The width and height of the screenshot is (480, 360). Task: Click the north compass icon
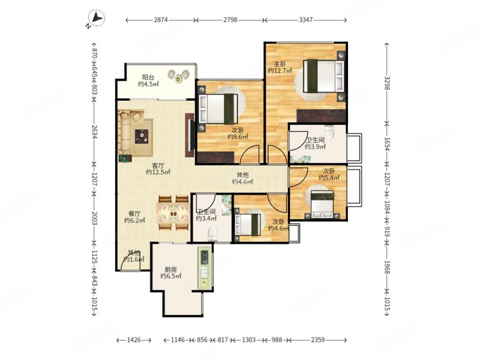coord(96,19)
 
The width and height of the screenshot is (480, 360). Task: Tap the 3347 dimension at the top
coord(305,20)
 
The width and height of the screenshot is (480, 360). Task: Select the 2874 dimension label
coord(161,20)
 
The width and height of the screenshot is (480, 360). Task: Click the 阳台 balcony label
coord(148,77)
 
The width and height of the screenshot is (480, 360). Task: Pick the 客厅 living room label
coord(158,166)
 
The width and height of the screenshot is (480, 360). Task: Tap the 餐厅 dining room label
coord(134,214)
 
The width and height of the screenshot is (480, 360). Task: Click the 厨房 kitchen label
coord(171,269)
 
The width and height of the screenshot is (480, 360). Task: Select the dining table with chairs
coord(173,213)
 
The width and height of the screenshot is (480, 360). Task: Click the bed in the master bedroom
coord(323,76)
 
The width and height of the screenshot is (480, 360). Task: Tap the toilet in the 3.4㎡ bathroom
coord(212,234)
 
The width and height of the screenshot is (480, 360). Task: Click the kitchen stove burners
coord(204,257)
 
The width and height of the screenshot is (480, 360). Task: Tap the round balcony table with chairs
coord(178,76)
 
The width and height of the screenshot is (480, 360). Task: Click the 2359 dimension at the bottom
coord(318,340)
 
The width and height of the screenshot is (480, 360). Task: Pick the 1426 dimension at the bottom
coord(134,340)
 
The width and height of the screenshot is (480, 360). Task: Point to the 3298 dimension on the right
coord(387,83)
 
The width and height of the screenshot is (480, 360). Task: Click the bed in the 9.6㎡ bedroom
coord(218,109)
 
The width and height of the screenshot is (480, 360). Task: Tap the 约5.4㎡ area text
coord(329,178)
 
